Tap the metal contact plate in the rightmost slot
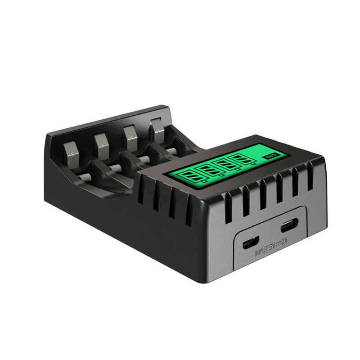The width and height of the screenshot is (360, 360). point(157,128)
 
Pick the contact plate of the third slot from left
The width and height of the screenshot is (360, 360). point(130,135)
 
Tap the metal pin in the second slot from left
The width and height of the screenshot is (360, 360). point(114,168)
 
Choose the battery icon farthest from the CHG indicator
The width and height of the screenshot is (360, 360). point(189,175)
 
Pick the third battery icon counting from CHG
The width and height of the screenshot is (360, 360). point(207,170)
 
